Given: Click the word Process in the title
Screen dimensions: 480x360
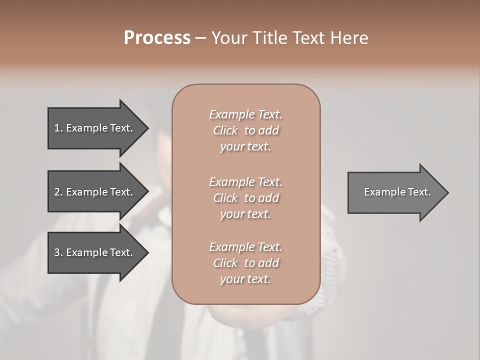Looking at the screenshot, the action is (157, 38).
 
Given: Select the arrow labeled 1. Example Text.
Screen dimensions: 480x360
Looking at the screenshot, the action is (95, 128).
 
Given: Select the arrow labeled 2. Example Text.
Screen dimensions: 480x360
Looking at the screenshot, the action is (95, 192).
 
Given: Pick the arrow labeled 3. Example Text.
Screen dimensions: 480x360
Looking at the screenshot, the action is (95, 252).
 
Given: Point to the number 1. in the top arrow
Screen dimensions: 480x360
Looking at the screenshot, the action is (58, 128).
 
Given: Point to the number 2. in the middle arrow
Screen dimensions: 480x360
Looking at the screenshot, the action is (58, 192).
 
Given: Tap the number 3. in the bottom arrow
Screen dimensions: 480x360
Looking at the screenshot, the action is (58, 252).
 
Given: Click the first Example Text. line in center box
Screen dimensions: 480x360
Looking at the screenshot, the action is (245, 114).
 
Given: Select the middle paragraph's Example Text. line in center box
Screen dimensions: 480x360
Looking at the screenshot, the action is (245, 182).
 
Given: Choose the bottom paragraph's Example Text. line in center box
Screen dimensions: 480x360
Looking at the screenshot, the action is (245, 247).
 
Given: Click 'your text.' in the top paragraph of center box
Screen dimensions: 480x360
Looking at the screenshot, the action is (245, 147).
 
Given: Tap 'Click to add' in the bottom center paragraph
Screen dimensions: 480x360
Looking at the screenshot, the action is (245, 263).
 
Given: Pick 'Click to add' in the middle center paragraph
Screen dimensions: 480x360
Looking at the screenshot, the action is (245, 198).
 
